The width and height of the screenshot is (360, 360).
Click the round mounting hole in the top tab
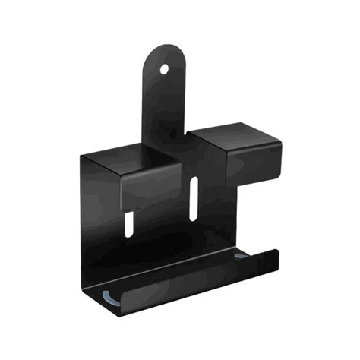pos(164,69)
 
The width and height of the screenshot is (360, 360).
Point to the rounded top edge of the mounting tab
pos(166,46)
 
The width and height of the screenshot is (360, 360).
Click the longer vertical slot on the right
pos(194,196)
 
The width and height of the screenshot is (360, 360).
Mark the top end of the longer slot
pos(195,180)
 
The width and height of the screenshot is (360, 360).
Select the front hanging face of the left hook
pos(152,186)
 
